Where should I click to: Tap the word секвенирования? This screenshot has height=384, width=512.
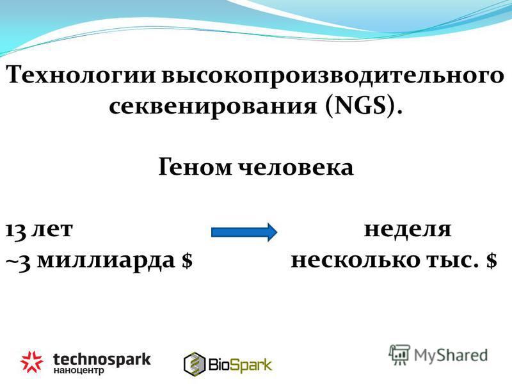point(213,106)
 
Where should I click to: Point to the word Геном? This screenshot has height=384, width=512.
point(195,166)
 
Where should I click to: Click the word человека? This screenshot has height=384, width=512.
point(296,166)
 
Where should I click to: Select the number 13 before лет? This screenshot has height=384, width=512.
point(15,230)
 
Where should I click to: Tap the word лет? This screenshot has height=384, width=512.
point(52,229)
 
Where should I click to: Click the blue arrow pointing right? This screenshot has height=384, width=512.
point(244,232)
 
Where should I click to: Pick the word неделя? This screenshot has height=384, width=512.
point(408,229)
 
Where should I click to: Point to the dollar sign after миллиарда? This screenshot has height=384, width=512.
point(187,260)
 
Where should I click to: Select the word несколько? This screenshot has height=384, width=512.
point(356,260)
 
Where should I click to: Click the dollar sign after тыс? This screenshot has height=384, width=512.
point(492,260)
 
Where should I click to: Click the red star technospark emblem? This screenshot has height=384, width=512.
point(31,362)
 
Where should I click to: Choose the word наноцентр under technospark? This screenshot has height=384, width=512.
point(79,371)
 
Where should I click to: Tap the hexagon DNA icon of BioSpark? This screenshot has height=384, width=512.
point(195,364)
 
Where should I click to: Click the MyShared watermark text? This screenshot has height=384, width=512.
point(451,355)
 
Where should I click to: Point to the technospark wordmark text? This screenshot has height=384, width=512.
point(102,359)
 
